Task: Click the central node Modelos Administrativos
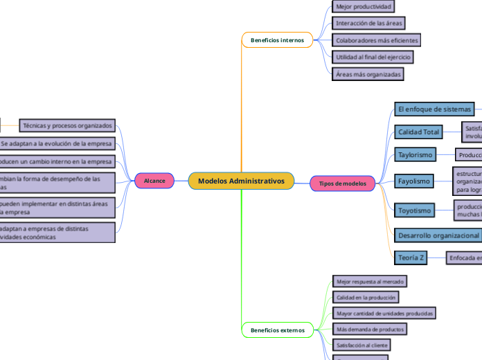[x=241, y=181]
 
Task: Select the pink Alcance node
[x=154, y=181]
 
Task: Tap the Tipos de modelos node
[x=343, y=183]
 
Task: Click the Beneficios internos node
[x=277, y=40]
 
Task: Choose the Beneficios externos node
[x=277, y=330]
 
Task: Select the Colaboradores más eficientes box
[x=376, y=40]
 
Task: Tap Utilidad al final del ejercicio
[x=373, y=57]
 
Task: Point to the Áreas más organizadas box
[x=368, y=73]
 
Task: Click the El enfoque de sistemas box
[x=434, y=109]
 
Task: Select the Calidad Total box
[x=419, y=132]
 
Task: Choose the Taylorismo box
[x=416, y=154]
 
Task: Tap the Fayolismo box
[x=414, y=181]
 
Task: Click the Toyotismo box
[x=415, y=210]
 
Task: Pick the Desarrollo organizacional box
[x=438, y=235]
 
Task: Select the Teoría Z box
[x=411, y=258]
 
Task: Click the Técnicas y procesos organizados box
[x=67, y=126]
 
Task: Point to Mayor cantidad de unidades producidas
[x=384, y=313]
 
